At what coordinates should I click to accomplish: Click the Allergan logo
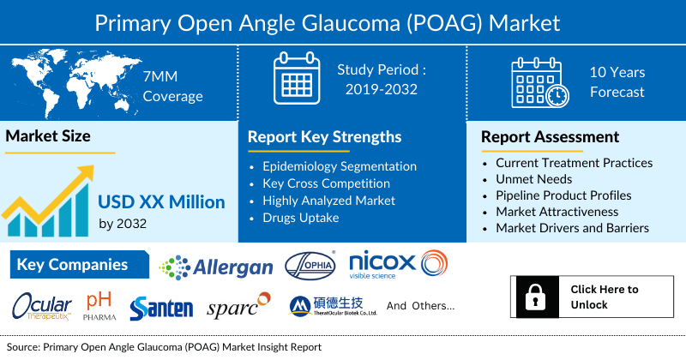216,267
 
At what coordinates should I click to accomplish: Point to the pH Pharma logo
100,306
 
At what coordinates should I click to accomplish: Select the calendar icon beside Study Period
296,79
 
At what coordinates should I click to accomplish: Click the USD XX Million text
161,202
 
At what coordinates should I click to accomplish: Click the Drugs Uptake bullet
302,217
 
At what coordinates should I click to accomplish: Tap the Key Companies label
72,265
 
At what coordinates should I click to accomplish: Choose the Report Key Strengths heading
324,136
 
